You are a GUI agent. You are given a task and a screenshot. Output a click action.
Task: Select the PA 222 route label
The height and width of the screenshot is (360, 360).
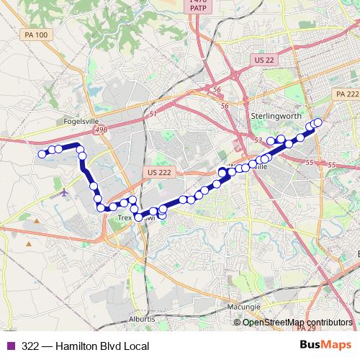pyautogui.click(x=346, y=94)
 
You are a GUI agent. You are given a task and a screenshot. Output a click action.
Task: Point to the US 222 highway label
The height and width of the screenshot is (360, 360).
pyautogui.click(x=158, y=173)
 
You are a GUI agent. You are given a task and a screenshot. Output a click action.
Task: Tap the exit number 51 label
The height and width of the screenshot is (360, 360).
pyautogui.click(x=153, y=114)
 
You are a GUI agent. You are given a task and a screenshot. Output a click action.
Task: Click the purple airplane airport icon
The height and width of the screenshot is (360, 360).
pyautogui.click(x=66, y=192)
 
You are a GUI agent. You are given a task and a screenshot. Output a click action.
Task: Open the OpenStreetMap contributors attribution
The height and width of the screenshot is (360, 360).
pyautogui.click(x=297, y=323)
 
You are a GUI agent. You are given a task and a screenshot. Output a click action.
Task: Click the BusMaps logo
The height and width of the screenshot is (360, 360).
pyautogui.click(x=327, y=346)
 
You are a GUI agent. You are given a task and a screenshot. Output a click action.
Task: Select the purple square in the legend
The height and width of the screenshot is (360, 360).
pyautogui.click(x=9, y=346)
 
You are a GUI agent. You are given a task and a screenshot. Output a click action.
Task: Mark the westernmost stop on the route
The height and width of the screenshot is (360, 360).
pyautogui.click(x=42, y=153)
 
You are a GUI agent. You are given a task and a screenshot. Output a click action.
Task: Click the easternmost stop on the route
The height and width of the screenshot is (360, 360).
pyautogui.click(x=318, y=122)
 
